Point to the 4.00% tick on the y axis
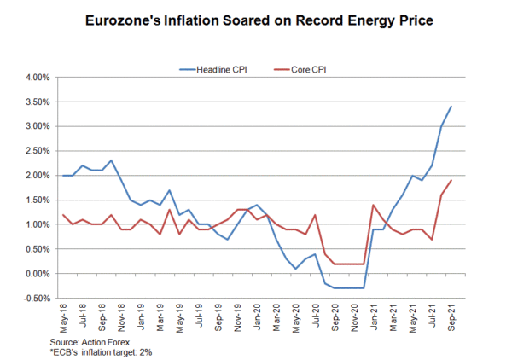point(38,78)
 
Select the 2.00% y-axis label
point(38,176)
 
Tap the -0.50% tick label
point(37,299)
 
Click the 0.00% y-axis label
point(38,274)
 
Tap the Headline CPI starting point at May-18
point(62,176)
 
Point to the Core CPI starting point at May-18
point(62,215)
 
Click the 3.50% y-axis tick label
point(38,102)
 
